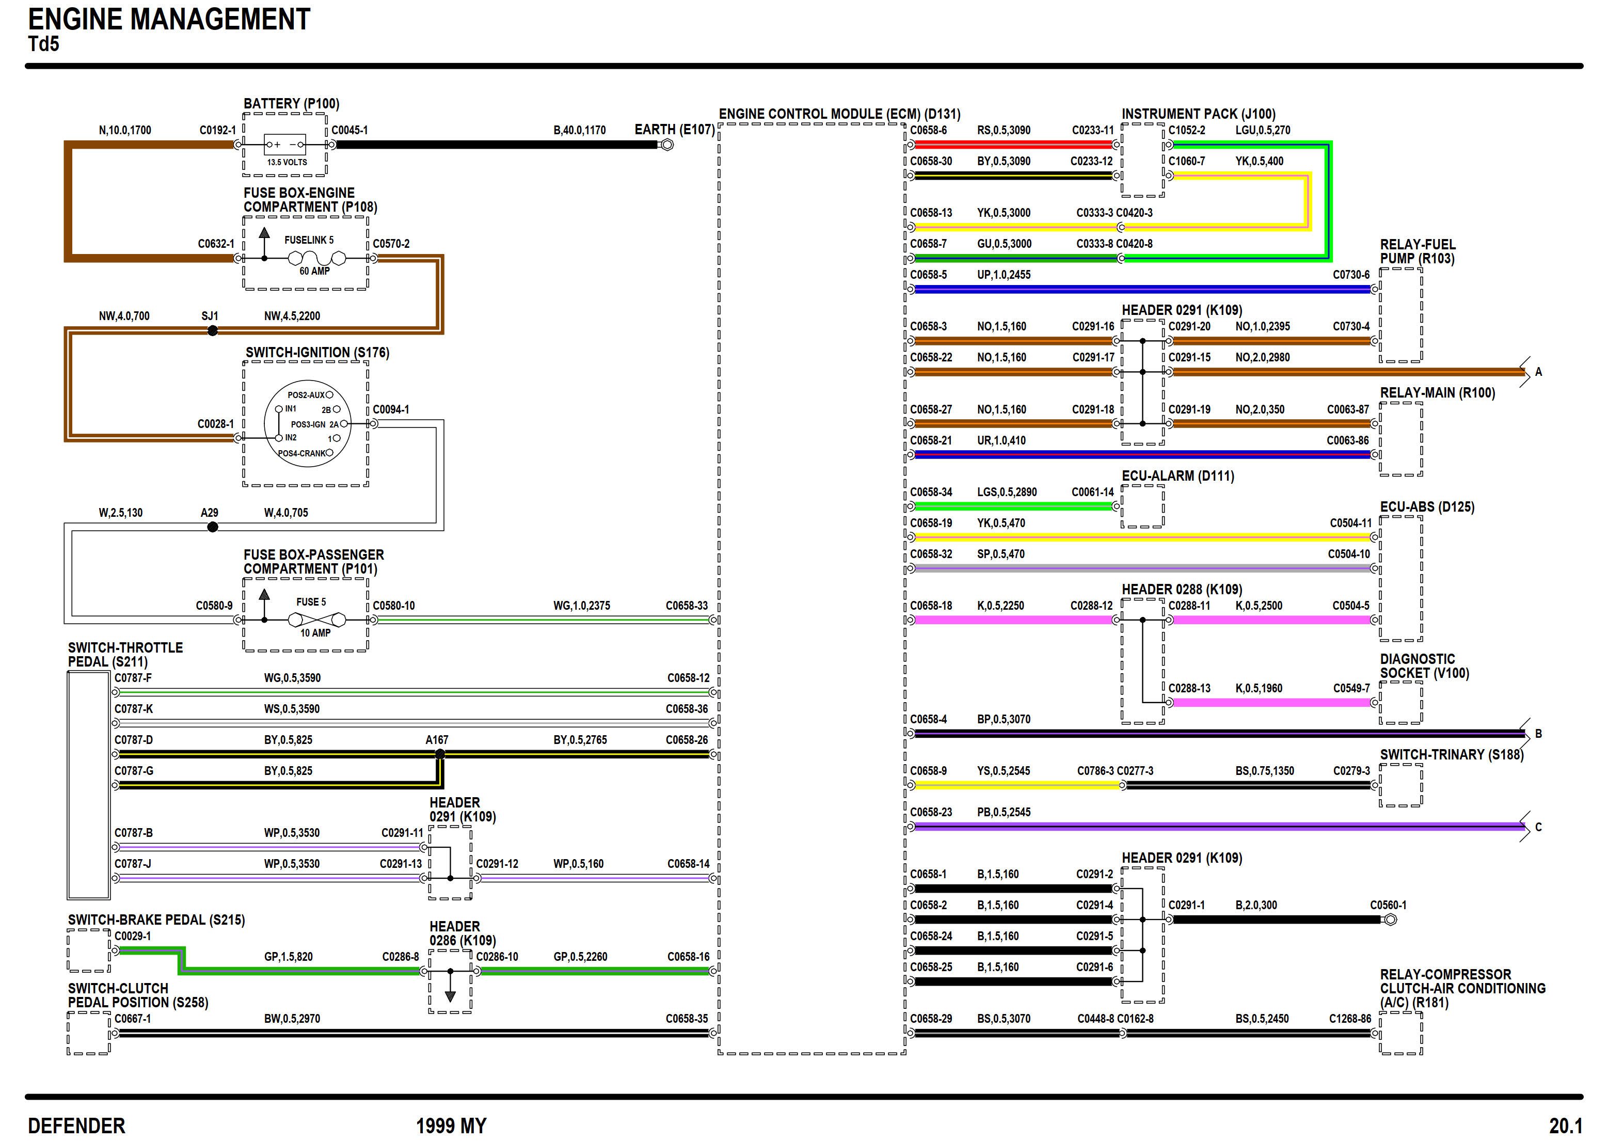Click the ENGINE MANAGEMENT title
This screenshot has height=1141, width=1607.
coord(169,20)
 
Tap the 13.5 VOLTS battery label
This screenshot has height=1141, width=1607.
coord(287,162)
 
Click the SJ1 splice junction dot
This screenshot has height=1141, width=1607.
coord(213,331)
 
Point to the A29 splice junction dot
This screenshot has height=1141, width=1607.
coord(213,527)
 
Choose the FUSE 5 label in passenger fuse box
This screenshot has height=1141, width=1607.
coord(311,602)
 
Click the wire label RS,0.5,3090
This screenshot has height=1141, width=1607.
coord(1004,130)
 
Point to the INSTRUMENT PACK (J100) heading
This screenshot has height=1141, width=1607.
coord(1198,114)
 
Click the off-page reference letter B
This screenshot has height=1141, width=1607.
coord(1538,734)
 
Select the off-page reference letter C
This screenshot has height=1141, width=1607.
coord(1538,827)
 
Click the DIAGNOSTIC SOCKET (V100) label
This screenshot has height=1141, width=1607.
coord(1424,666)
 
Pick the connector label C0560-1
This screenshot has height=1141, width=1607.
coord(1388,905)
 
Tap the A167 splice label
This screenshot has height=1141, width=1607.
coord(436,740)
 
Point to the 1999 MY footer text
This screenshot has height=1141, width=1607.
coord(451,1126)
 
